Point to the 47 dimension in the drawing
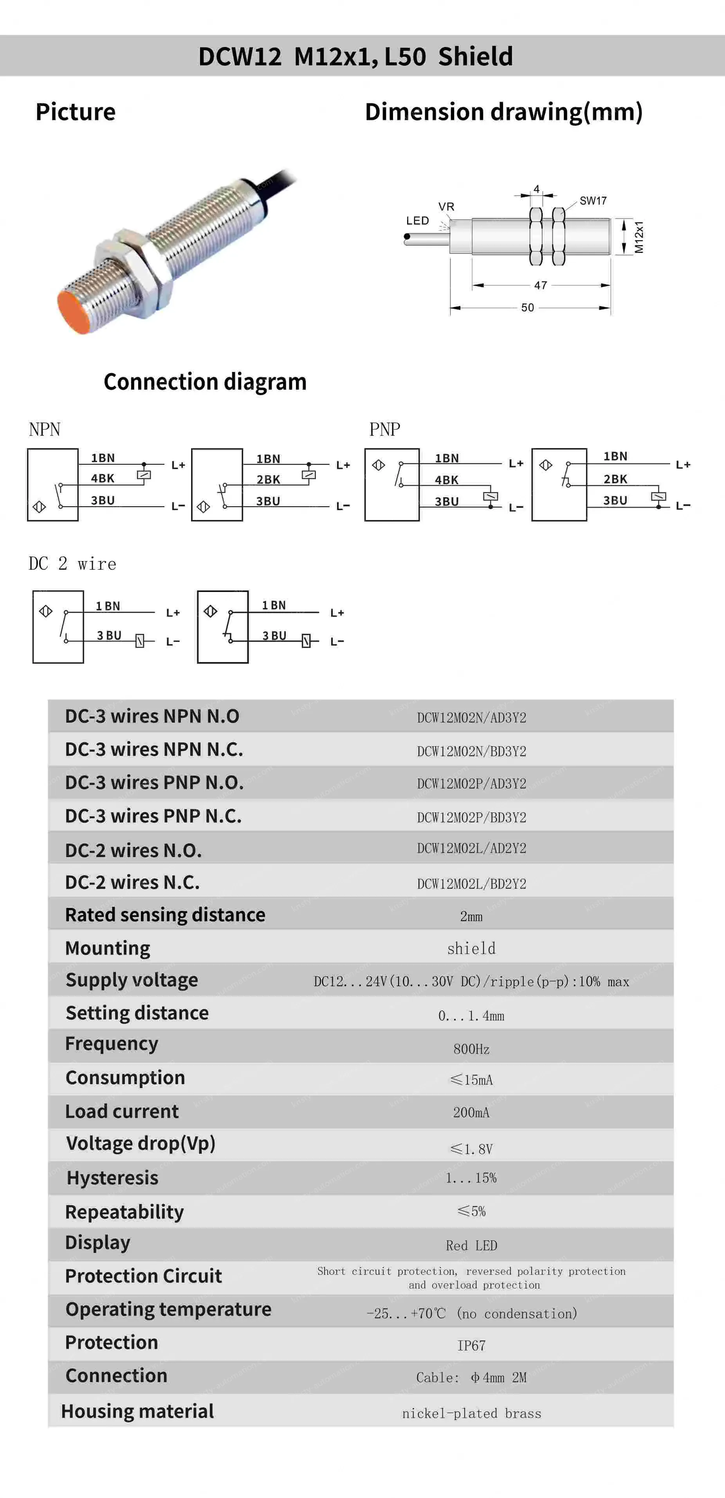(540, 285)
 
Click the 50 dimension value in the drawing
(527, 308)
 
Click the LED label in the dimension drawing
(417, 221)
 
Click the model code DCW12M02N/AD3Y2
(471, 718)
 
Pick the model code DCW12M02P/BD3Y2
(471, 818)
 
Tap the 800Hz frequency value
(471, 1049)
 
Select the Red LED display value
(471, 1245)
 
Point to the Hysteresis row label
(112, 1178)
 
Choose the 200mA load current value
(471, 1112)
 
